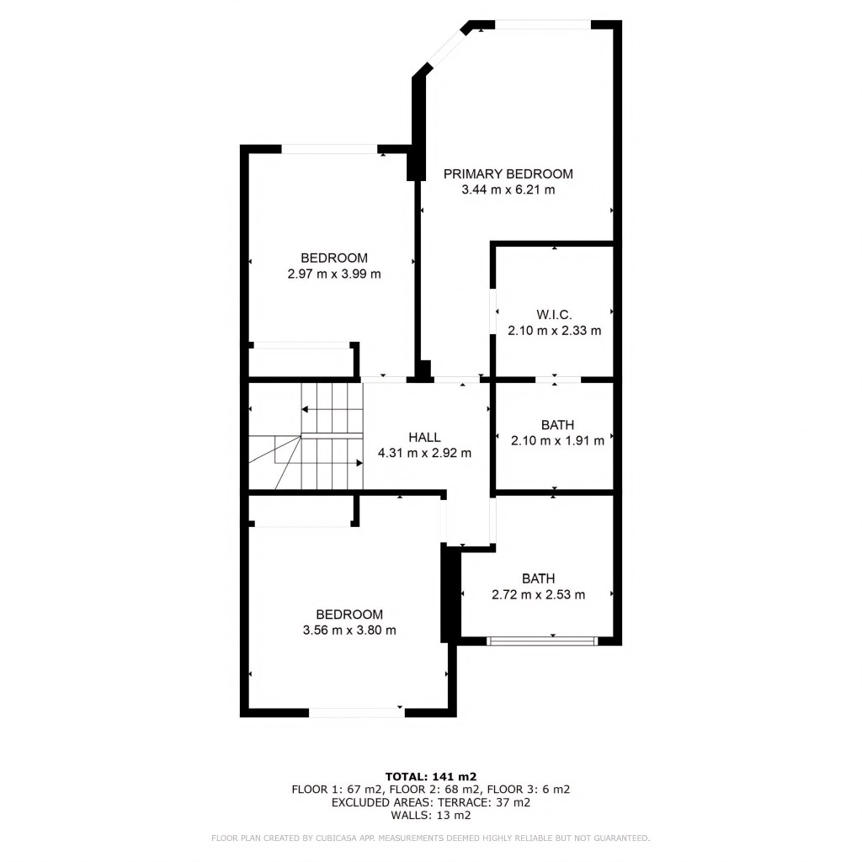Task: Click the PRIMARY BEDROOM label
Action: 508,174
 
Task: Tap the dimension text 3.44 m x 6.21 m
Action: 508,190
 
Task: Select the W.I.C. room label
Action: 554,314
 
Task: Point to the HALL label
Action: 424,437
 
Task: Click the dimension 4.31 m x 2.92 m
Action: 424,453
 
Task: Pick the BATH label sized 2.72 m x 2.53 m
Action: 538,578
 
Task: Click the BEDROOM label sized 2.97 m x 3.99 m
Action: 334,258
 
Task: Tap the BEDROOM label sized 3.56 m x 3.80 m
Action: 349,615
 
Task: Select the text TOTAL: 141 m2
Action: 431,776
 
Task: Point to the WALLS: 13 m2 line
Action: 431,816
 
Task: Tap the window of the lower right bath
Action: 542,641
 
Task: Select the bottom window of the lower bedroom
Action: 357,713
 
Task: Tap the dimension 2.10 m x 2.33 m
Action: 554,331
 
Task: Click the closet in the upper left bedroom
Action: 301,360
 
